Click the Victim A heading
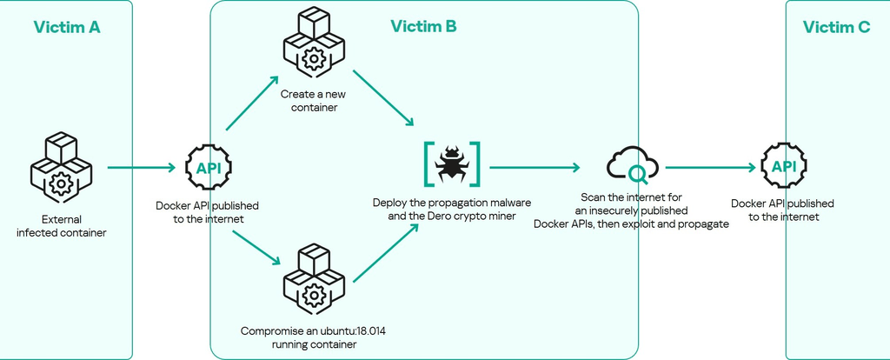click(67, 27)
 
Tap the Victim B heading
click(423, 27)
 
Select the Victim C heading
click(836, 27)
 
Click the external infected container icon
click(60, 168)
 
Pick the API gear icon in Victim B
click(209, 168)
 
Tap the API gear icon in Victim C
click(783, 167)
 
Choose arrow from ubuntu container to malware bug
click(382, 252)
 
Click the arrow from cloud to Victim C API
click(708, 167)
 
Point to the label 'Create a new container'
click(309, 100)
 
